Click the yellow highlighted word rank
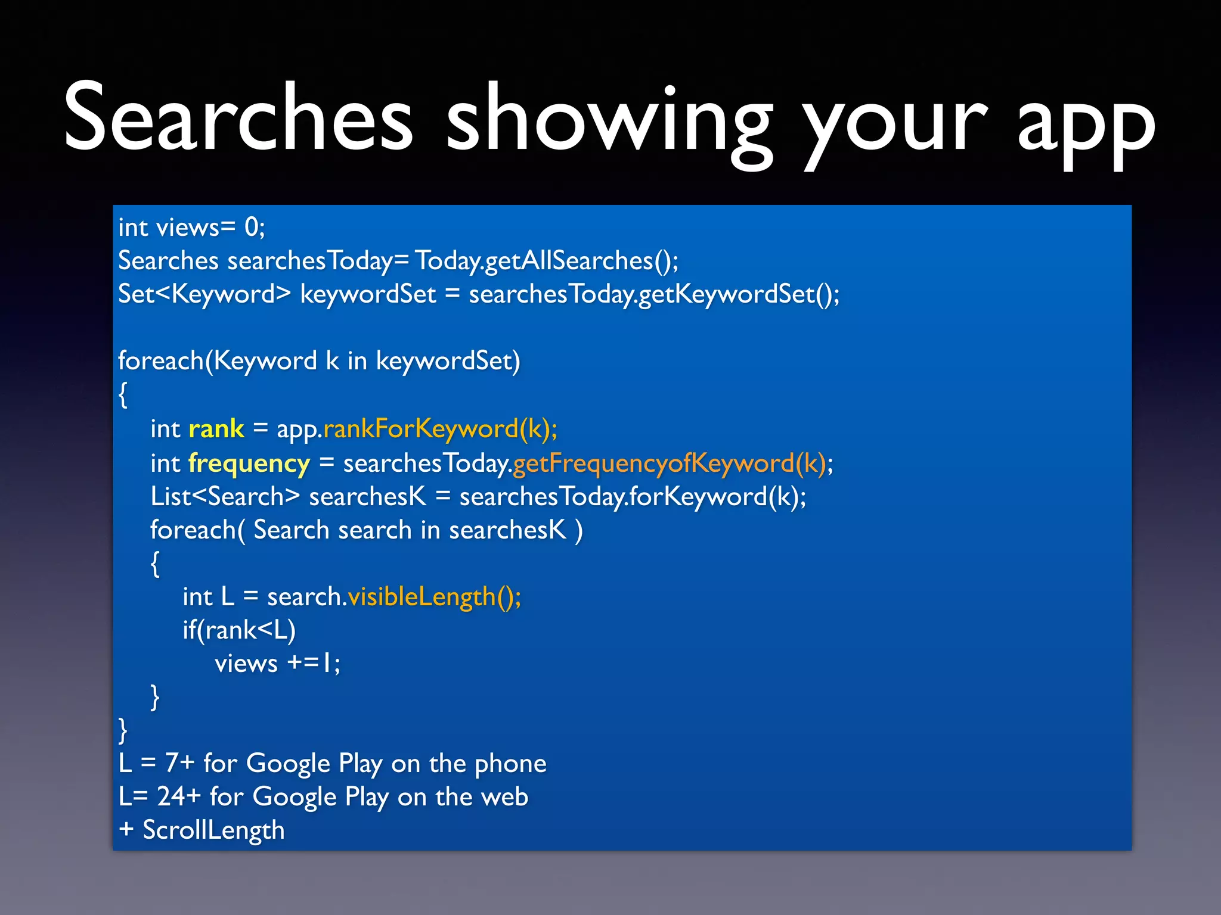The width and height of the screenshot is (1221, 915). [216, 429]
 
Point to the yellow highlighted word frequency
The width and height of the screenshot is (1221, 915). [249, 463]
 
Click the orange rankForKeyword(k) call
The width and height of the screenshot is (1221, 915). [440, 429]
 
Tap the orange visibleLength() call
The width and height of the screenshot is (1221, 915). [434, 597]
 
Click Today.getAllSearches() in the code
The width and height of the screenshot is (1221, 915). [546, 261]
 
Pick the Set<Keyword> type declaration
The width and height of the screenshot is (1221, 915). [204, 294]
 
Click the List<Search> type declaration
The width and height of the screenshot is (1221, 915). [225, 497]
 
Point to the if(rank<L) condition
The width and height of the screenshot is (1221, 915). [239, 630]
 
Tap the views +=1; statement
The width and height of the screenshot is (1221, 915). [277, 663]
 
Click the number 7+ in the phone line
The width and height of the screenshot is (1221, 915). [179, 763]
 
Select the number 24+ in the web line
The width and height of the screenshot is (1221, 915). [178, 796]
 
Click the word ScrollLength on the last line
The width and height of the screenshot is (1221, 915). [213, 830]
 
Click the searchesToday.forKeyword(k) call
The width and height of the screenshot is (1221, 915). [633, 497]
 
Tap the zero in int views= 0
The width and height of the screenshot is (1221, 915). [252, 228]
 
